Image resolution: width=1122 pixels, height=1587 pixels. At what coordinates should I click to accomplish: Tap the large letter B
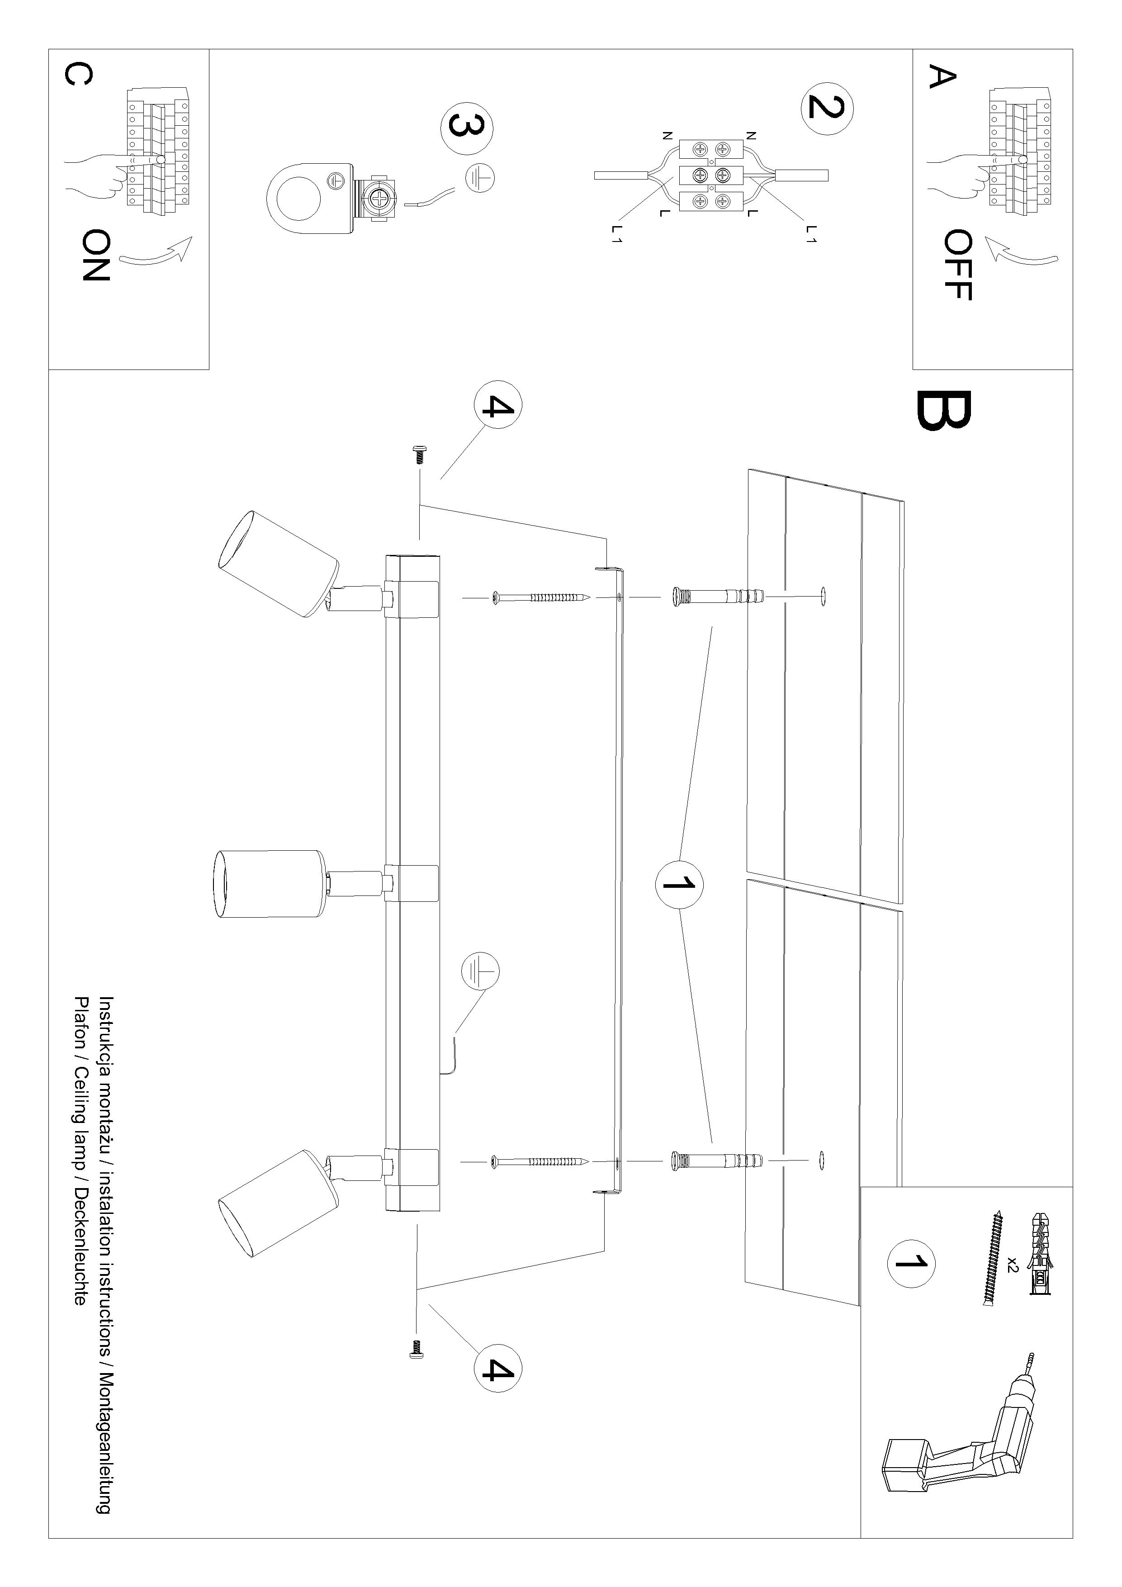944,410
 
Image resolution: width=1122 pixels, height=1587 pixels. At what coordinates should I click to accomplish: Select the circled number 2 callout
827,107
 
